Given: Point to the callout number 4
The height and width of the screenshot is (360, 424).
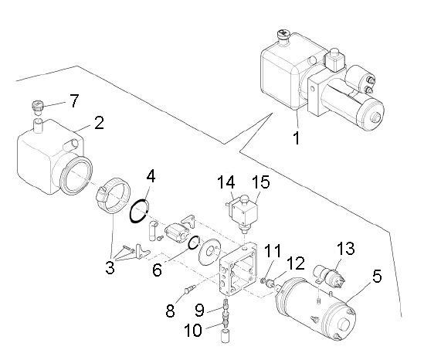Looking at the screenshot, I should [x=151, y=176].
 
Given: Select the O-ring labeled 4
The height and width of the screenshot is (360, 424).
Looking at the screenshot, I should [x=138, y=211].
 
